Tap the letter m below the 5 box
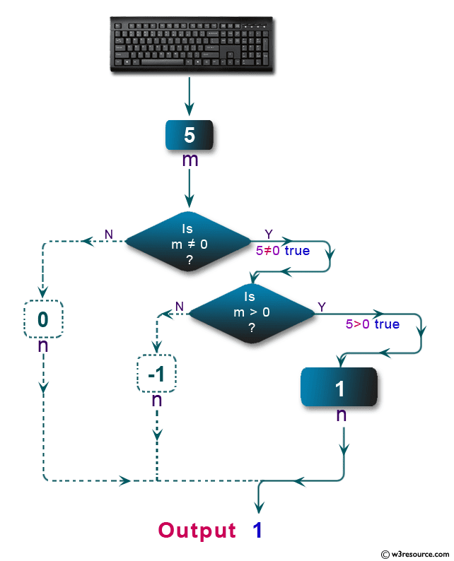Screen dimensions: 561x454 (190, 160)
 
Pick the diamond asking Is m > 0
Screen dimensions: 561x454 (252, 312)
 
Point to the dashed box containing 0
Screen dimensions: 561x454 (43, 319)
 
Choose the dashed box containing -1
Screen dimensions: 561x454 (156, 375)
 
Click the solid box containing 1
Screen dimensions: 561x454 (339, 387)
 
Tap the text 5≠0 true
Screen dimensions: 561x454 (283, 250)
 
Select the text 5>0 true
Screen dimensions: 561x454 (372, 324)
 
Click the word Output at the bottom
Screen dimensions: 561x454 (197, 530)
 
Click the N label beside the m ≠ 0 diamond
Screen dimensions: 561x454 (108, 234)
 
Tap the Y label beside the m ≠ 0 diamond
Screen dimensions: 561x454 (268, 234)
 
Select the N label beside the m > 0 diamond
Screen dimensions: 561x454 (180, 305)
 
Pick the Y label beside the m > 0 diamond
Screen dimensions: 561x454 (322, 306)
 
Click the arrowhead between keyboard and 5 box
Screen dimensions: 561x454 (190, 108)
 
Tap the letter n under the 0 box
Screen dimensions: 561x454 (43, 346)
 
